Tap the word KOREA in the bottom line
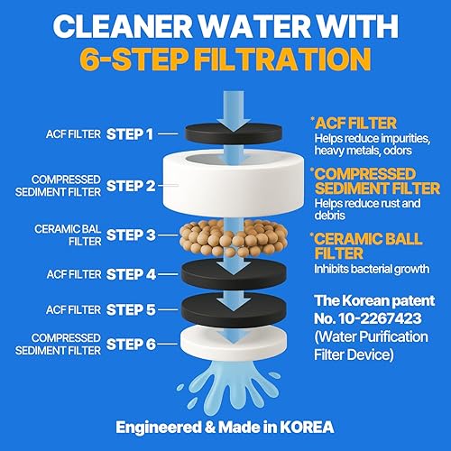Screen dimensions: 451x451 coord(303,427)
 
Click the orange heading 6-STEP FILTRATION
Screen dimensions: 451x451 coord(225,60)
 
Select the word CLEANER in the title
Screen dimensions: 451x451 coord(114,23)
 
